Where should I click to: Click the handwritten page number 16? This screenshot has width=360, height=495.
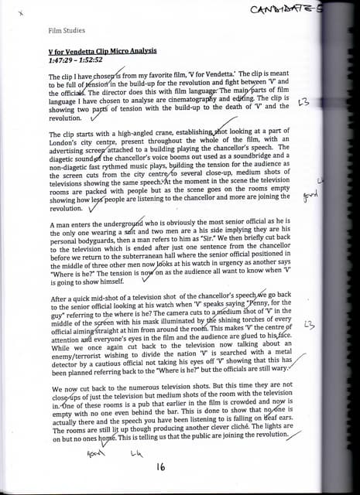[x=161, y=466]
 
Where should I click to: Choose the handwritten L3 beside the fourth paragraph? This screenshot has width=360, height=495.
[x=310, y=326]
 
